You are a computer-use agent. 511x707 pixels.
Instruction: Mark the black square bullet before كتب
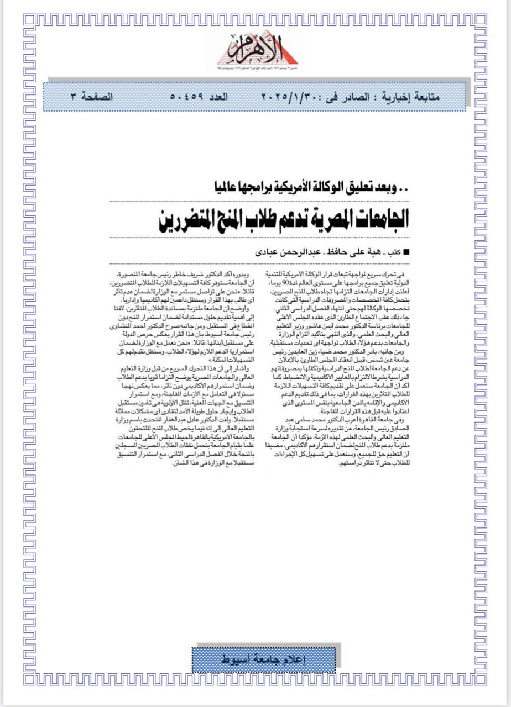[408, 252]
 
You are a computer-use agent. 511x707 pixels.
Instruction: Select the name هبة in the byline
[373, 252]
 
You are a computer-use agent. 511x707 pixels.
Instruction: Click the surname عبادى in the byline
[270, 252]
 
